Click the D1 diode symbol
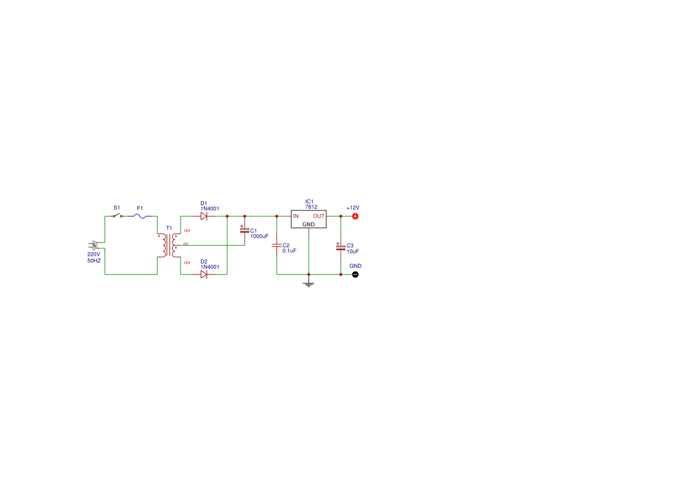tap(204, 216)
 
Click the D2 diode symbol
tap(204, 275)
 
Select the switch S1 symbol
tap(118, 216)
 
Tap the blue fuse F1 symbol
tap(139, 216)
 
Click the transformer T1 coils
tap(169, 245)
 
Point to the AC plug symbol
tap(94, 245)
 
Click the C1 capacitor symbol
tap(245, 230)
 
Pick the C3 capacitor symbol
tap(341, 247)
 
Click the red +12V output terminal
tap(355, 216)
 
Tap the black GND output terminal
tap(355, 275)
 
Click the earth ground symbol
tap(309, 284)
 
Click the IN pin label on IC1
tap(296, 216)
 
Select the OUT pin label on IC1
tap(319, 216)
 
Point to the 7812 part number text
tap(311, 207)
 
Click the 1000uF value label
tap(259, 237)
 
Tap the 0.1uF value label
tap(290, 251)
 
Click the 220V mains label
tap(93, 254)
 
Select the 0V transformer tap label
tap(185, 244)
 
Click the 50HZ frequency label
tap(94, 261)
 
